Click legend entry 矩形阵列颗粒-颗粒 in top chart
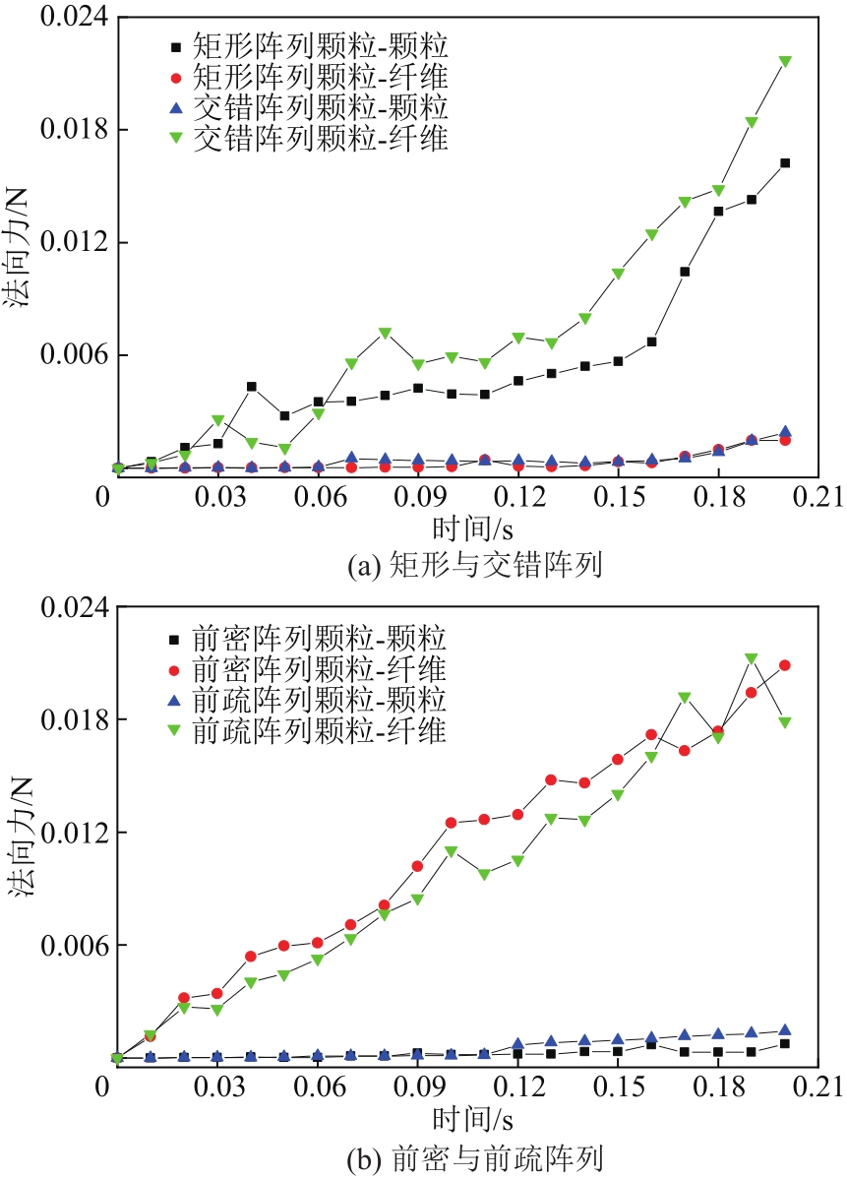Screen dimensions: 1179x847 tap(306, 45)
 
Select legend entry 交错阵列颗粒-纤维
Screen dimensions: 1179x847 tap(306, 138)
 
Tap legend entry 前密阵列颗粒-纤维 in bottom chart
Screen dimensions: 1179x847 tap(306, 669)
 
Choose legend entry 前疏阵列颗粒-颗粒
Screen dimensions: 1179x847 tap(306, 700)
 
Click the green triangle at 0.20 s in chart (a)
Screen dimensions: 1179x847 tap(785, 61)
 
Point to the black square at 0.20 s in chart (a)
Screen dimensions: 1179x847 tap(785, 163)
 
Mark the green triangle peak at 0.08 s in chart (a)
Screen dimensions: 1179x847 tap(385, 333)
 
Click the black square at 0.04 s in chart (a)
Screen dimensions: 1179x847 tap(252, 387)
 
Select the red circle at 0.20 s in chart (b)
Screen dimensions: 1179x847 tap(785, 665)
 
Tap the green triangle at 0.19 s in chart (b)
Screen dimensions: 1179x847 tap(752, 658)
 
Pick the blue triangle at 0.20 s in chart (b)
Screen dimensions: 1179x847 tap(785, 1029)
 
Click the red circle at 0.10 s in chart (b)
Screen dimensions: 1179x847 tap(452, 823)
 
